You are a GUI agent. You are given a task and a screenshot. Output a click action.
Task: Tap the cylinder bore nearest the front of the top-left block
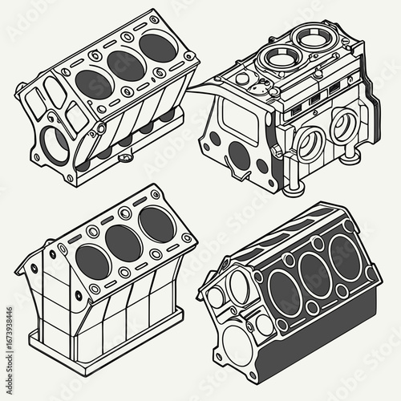95,84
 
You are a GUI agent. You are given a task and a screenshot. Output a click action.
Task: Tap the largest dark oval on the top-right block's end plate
239,154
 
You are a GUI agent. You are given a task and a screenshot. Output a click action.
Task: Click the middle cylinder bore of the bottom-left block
123,243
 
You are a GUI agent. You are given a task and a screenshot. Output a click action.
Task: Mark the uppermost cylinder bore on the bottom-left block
156,225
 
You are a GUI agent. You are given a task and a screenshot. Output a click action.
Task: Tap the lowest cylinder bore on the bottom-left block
90,262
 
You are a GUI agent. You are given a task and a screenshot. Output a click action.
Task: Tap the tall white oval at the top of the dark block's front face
240,286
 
